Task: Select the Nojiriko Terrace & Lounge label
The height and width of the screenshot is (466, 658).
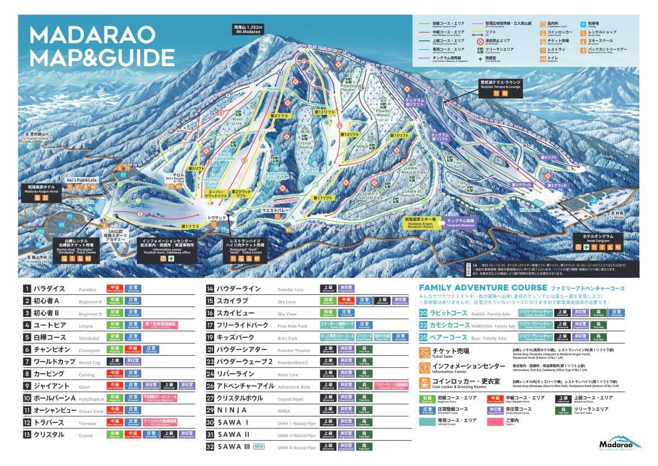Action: pos(500,84)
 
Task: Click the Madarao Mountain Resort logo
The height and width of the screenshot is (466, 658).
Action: pos(620,444)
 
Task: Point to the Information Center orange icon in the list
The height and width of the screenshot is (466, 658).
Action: pos(424,368)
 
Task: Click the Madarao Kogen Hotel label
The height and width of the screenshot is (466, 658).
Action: pos(41,189)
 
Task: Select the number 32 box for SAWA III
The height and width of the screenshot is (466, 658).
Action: pos(210,447)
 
